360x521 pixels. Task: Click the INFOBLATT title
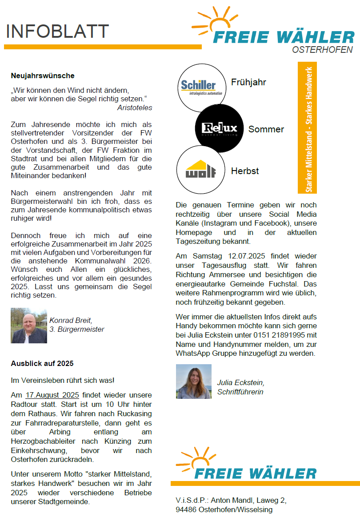tap(57, 32)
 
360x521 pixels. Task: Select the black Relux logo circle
tap(220, 129)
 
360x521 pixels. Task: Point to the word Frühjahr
tap(248, 82)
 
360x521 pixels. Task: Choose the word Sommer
tap(266, 129)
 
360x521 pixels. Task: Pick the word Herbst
tap(245, 171)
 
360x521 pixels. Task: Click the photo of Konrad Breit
tap(29, 326)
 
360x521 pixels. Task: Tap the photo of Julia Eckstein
tap(194, 382)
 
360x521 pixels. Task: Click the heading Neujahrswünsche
tap(43, 76)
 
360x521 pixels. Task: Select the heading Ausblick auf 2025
tap(42, 363)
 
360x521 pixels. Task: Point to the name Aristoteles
tap(135, 107)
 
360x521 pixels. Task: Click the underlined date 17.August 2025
tap(52, 395)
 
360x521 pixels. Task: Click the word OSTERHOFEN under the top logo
tap(322, 50)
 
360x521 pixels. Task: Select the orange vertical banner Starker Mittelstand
tap(307, 128)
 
